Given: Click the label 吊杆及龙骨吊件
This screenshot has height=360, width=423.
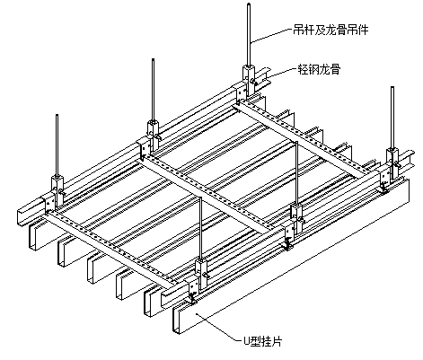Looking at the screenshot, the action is coord(330,30).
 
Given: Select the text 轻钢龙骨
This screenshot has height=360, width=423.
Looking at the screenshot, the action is coord(319,69).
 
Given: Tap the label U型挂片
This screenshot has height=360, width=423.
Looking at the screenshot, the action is coord(262,341).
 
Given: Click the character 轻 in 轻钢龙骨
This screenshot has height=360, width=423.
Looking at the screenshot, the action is coord(303,69).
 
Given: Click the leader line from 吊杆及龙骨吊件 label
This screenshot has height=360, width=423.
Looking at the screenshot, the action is coord(271,36).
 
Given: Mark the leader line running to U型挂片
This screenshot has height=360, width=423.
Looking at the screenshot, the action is coord(218,327).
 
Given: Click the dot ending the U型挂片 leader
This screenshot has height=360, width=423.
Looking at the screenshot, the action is coord(196,313).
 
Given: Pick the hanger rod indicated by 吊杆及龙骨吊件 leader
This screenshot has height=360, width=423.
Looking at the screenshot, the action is coord(249,34).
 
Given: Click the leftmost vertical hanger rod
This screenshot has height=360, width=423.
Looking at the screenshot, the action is coord(57,145).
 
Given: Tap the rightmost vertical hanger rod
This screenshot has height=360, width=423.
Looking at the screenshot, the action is coord(392,118).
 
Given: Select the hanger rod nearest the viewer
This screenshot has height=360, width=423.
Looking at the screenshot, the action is coord(201,228).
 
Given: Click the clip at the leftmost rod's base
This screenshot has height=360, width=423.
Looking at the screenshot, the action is coord(57,191).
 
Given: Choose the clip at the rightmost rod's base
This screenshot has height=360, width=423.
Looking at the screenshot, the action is coord(392,163).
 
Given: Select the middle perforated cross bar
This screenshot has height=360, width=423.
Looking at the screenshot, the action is coord(207,196).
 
